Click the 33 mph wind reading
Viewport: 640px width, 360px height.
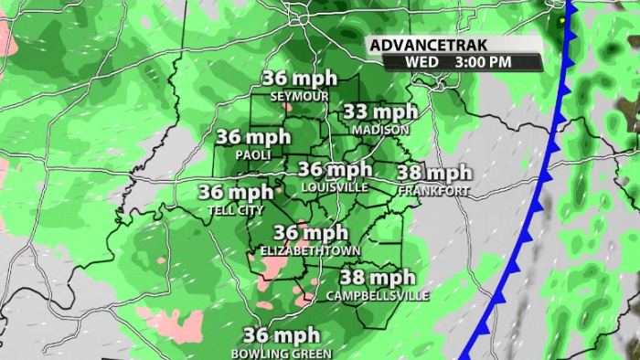pyautogui.click(x=379, y=112)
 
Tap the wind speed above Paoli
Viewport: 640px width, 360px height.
pyautogui.click(x=253, y=137)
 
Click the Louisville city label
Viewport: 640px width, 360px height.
pyautogui.click(x=335, y=186)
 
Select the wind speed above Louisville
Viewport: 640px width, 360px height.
pyautogui.click(x=336, y=170)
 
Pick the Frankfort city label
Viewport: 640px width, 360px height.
pyautogui.click(x=433, y=190)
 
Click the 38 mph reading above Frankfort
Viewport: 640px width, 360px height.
pyautogui.click(x=434, y=173)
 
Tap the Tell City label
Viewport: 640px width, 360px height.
pyautogui.click(x=234, y=209)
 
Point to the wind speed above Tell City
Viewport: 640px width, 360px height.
pyautogui.click(x=236, y=192)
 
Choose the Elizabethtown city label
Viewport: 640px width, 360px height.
pyautogui.click(x=311, y=249)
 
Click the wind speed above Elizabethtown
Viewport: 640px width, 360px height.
pyautogui.click(x=311, y=233)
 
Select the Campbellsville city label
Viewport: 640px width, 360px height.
pyautogui.click(x=377, y=295)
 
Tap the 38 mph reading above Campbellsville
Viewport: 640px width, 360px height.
pyautogui.click(x=378, y=278)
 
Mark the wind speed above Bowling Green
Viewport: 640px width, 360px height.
pyautogui.click(x=282, y=335)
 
